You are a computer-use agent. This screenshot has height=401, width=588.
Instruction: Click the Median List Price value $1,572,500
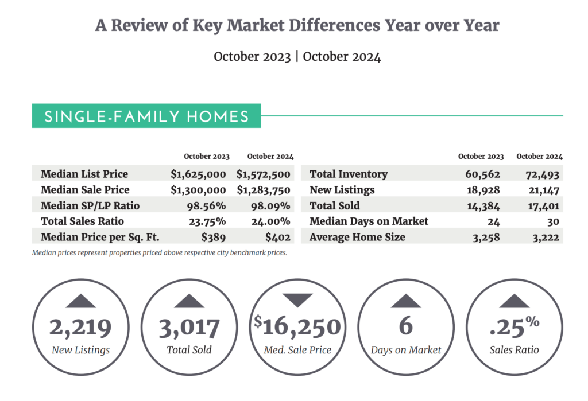click(x=263, y=174)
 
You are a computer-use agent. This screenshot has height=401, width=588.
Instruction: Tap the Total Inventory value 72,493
click(x=543, y=174)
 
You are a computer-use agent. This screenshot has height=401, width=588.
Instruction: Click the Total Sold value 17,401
click(x=543, y=205)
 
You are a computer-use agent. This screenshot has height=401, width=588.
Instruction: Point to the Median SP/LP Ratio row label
click(x=90, y=205)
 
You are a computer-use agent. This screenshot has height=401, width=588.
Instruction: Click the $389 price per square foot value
click(x=214, y=237)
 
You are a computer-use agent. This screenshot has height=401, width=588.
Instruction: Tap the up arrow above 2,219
click(x=80, y=301)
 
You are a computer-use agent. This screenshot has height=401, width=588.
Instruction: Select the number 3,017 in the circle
click(x=189, y=328)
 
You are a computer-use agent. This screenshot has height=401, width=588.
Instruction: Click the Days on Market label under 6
click(x=405, y=349)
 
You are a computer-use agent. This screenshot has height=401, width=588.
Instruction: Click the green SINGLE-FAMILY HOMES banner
click(x=146, y=116)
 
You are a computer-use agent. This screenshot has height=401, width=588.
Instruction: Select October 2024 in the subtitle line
click(x=342, y=57)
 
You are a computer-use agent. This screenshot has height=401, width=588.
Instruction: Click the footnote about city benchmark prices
click(x=159, y=252)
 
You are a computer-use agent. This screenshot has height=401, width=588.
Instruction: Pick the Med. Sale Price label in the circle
click(x=297, y=349)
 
